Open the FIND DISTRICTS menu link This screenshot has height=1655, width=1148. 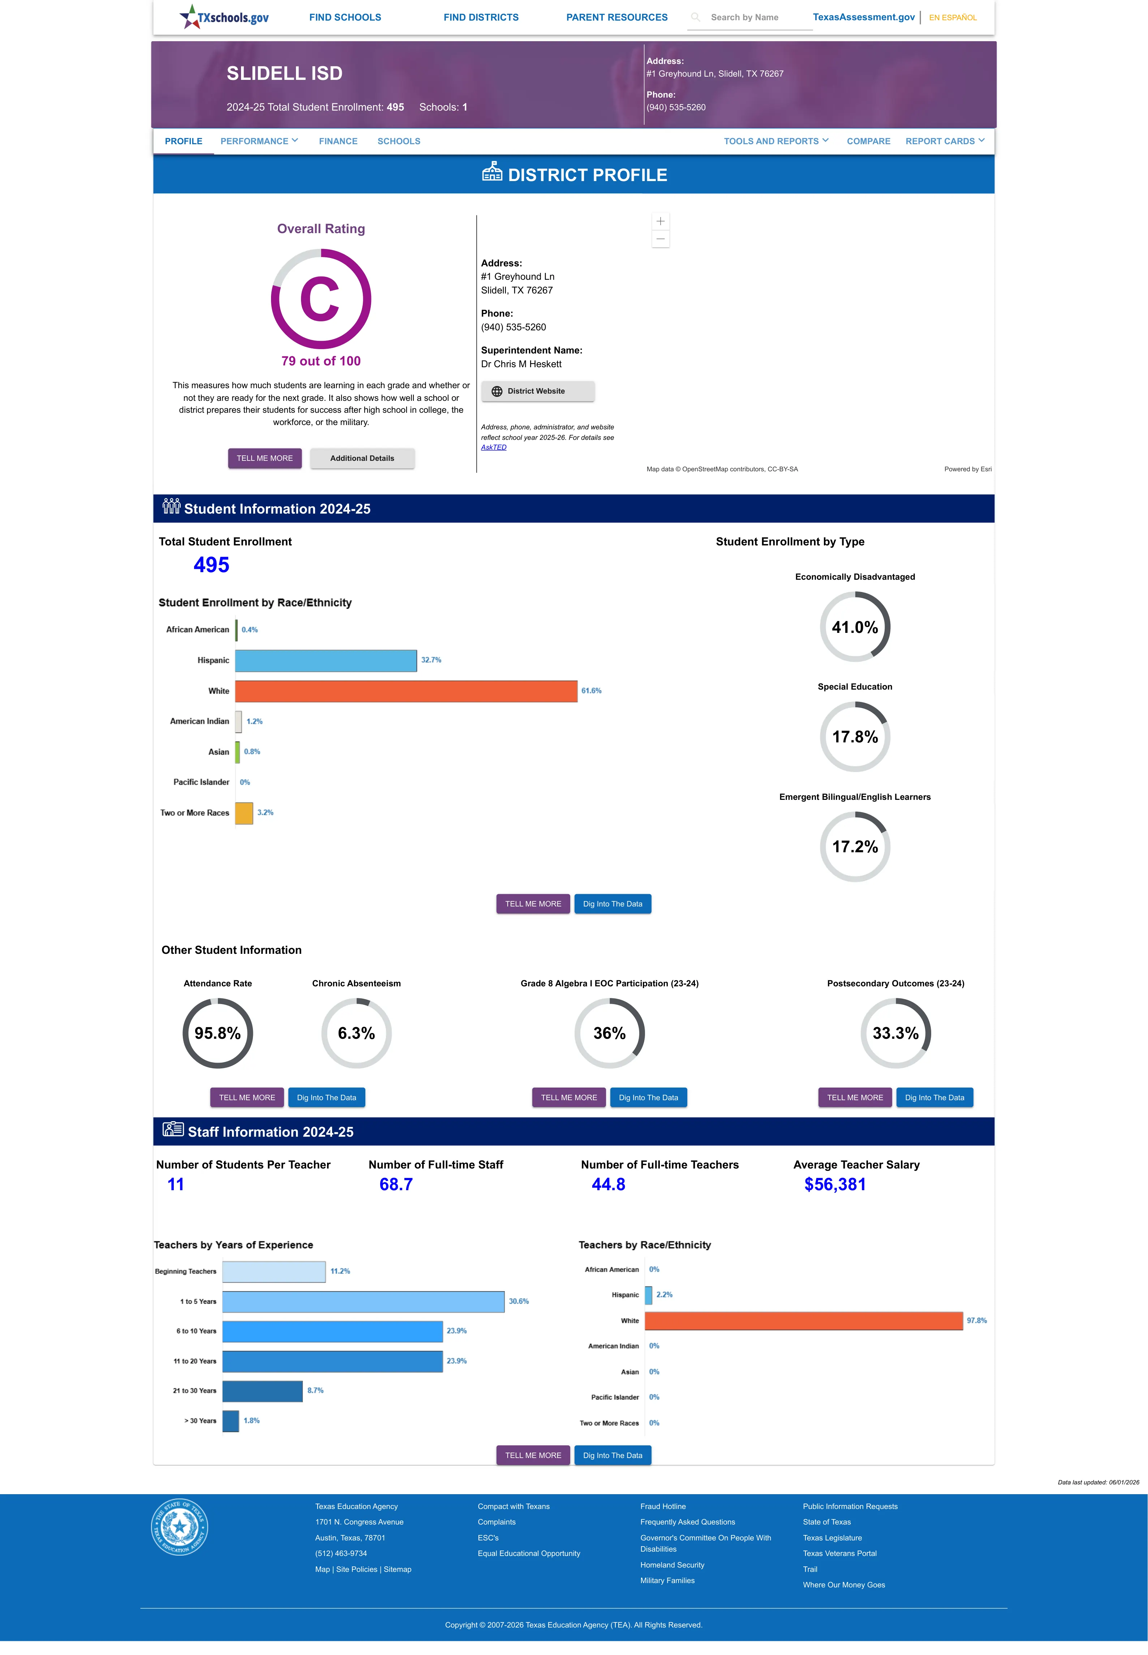click(x=481, y=17)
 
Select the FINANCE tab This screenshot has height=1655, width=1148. click(x=338, y=141)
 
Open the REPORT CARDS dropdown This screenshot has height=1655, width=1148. click(x=945, y=141)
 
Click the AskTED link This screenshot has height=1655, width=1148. click(x=494, y=447)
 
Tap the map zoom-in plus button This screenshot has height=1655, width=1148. click(x=660, y=222)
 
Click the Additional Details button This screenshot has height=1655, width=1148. click(x=362, y=458)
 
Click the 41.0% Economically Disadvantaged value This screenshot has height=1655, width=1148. click(x=855, y=627)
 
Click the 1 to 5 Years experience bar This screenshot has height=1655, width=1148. click(x=363, y=1301)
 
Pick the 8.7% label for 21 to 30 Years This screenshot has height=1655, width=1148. click(x=315, y=1390)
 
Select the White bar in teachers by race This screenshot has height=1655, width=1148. click(x=804, y=1321)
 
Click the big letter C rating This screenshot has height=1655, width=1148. click(x=319, y=299)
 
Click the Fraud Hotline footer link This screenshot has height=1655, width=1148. click(x=662, y=1506)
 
